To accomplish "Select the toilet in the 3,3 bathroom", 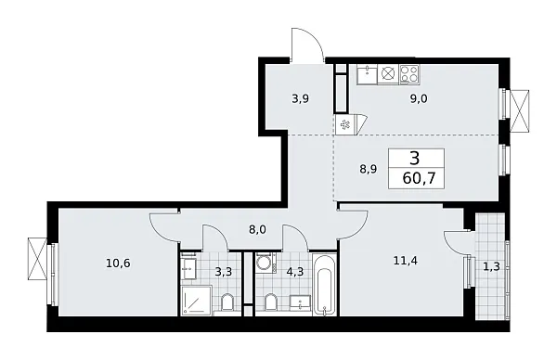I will (x=227, y=302).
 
